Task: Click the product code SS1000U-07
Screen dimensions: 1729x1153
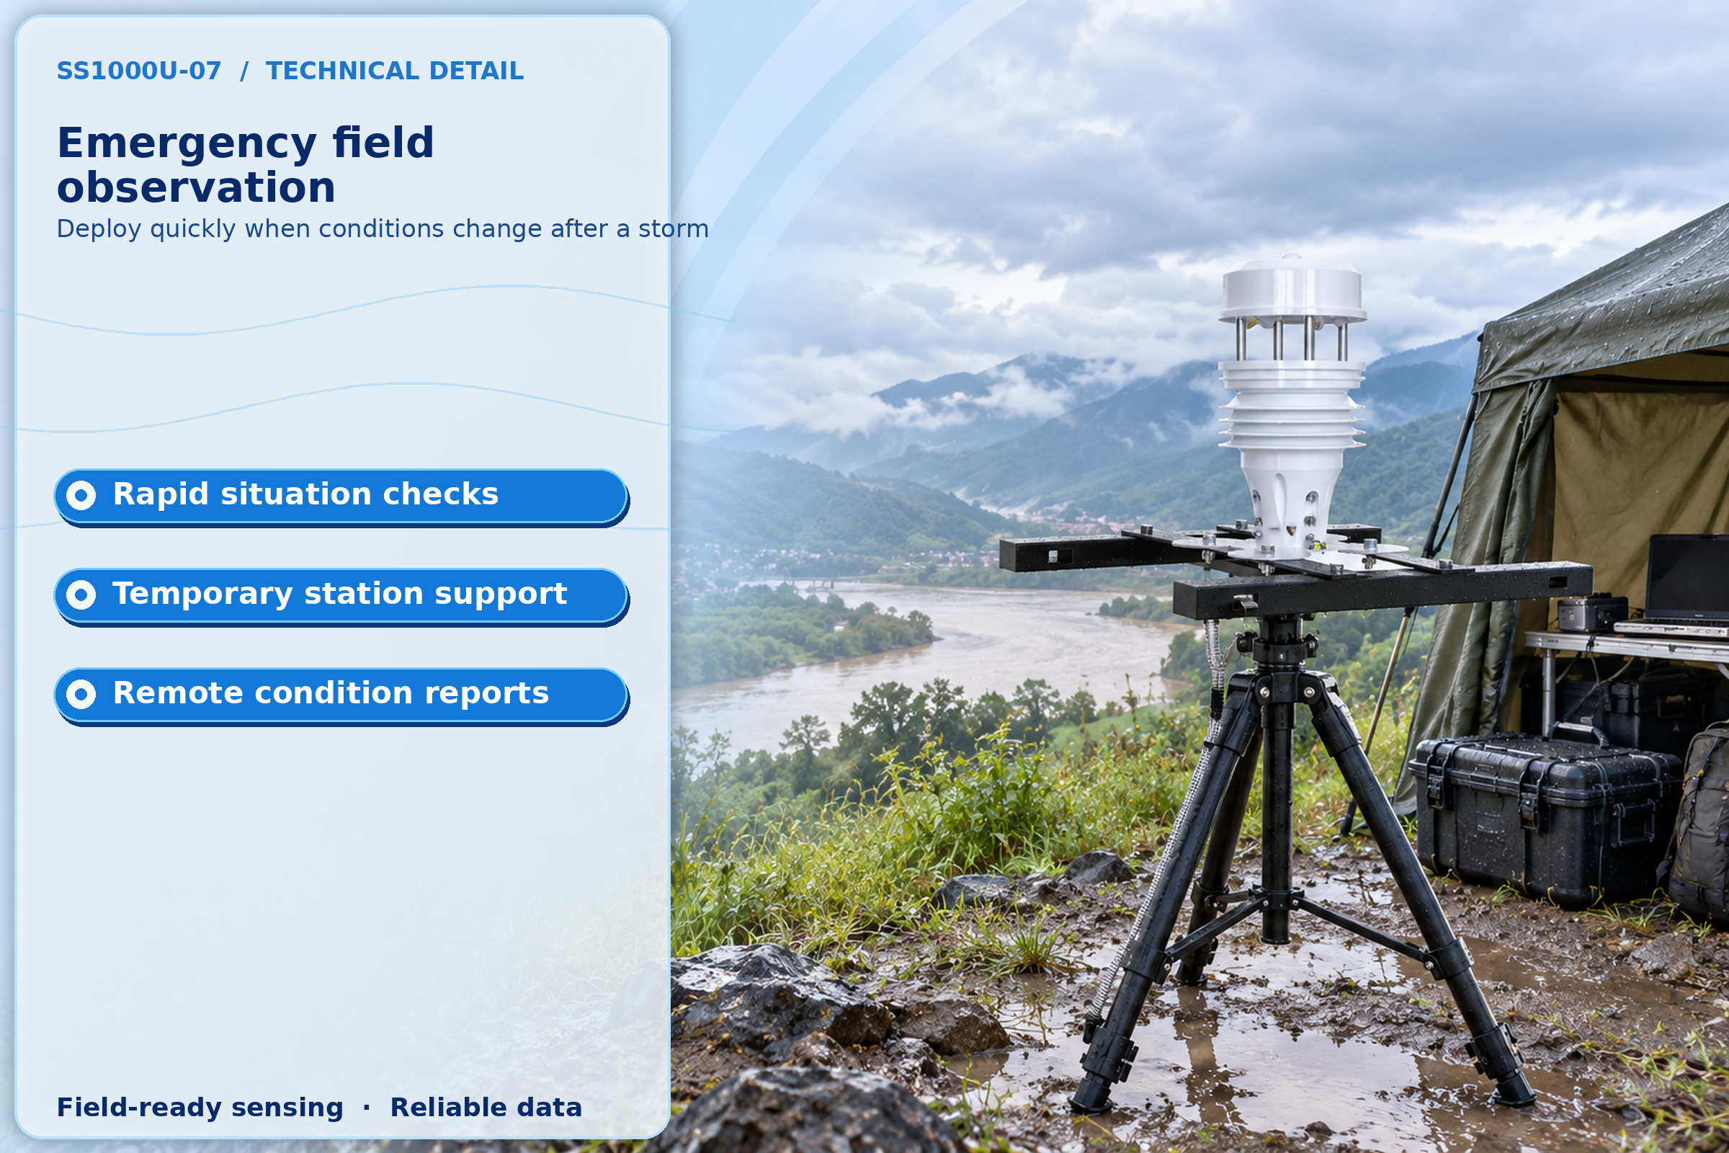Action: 139,71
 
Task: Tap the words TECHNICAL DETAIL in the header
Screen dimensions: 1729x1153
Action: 395,71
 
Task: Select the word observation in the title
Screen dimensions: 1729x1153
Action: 196,187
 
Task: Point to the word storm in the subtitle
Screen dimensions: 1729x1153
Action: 674,228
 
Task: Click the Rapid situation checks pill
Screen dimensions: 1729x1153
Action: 341,497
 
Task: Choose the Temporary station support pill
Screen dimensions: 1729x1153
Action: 341,596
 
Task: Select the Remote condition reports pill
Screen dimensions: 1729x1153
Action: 341,695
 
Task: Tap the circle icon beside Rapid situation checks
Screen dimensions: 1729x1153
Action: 81,496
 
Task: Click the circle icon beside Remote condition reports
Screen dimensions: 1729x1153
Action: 81,694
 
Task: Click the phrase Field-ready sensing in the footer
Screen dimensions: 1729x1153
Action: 200,1108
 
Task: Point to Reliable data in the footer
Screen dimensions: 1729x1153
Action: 486,1108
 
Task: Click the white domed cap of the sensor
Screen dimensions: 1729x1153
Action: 1292,290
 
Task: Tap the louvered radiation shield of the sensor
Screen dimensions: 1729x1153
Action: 1292,404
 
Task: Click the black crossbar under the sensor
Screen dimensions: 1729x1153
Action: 1382,592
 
